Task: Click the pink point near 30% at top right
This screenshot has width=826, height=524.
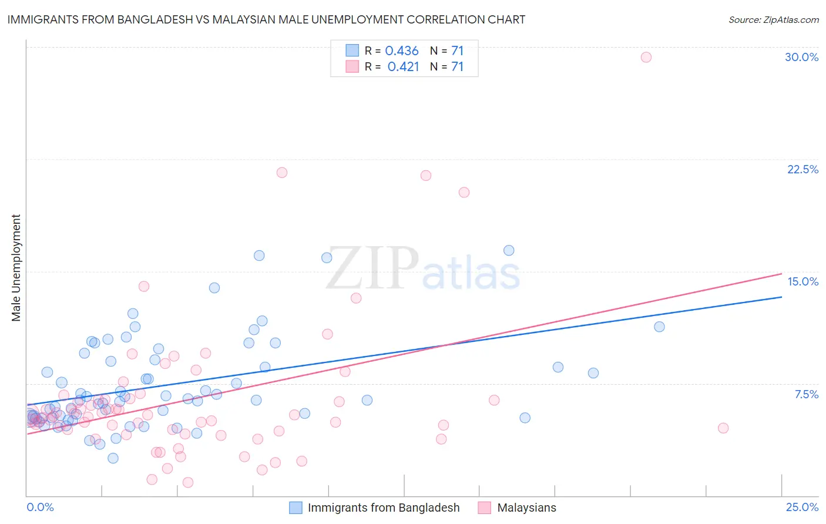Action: [x=646, y=57]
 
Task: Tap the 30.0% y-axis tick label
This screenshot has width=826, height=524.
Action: [x=801, y=57]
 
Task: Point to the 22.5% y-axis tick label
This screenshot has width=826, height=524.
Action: [x=803, y=169]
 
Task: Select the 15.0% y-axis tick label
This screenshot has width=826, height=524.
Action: [x=803, y=281]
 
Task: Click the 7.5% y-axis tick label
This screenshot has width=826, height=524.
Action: [x=806, y=394]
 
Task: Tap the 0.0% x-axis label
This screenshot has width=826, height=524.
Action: [x=40, y=507]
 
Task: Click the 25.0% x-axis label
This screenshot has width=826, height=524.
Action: [x=802, y=507]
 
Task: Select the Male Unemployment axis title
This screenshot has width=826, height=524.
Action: [x=16, y=268]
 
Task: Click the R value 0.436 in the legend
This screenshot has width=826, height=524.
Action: [x=402, y=51]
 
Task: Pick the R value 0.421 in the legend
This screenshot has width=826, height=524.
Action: [x=403, y=66]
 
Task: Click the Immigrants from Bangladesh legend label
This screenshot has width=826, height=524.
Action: [x=384, y=508]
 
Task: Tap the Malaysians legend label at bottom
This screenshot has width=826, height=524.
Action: [x=526, y=508]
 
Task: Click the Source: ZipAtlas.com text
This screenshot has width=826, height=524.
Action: [x=773, y=19]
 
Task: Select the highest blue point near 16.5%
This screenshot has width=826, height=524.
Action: [x=509, y=250]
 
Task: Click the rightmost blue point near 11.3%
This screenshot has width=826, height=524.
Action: [x=659, y=327]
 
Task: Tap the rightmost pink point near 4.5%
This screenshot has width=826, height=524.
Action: [x=723, y=428]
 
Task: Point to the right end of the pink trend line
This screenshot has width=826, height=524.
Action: [x=781, y=274]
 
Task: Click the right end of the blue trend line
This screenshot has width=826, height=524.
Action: [x=781, y=297]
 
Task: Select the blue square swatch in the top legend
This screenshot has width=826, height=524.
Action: [x=352, y=51]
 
